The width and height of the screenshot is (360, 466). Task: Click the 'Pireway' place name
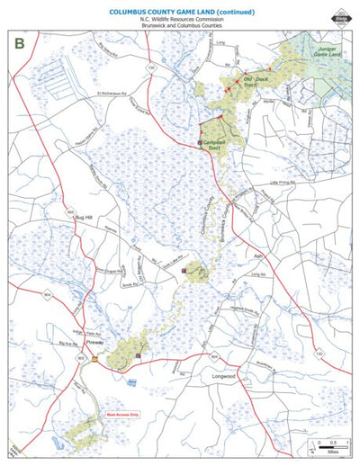point(94,344)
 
